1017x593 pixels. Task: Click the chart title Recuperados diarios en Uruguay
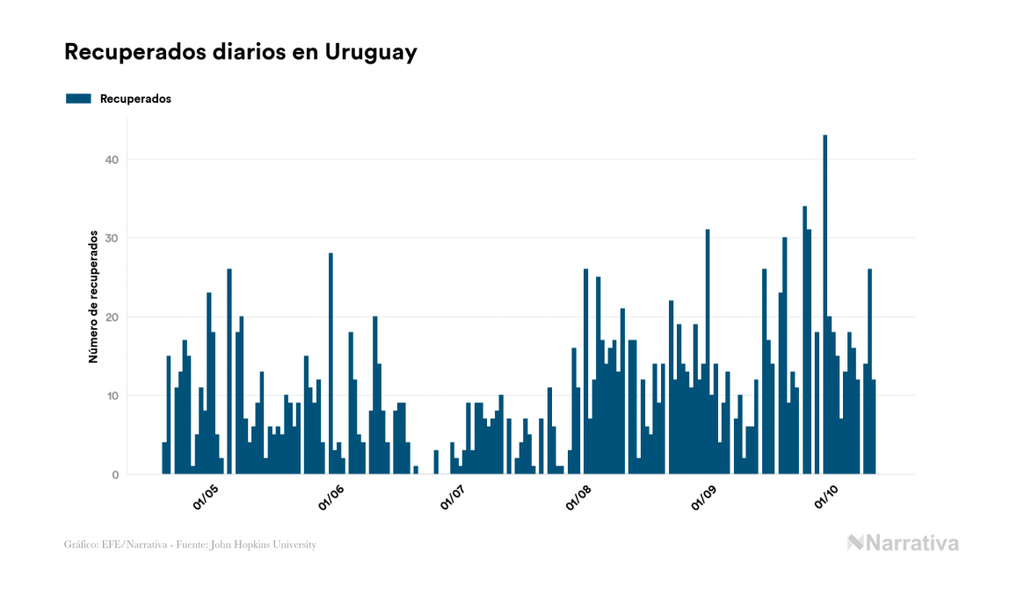(240, 52)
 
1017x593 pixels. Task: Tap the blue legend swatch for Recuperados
(78, 99)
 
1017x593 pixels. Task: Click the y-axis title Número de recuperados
(92, 296)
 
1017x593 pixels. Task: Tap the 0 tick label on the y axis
(114, 475)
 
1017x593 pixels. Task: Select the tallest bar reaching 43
(824, 304)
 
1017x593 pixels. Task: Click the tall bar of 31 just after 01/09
(708, 352)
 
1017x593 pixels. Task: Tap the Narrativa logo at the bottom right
(903, 543)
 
